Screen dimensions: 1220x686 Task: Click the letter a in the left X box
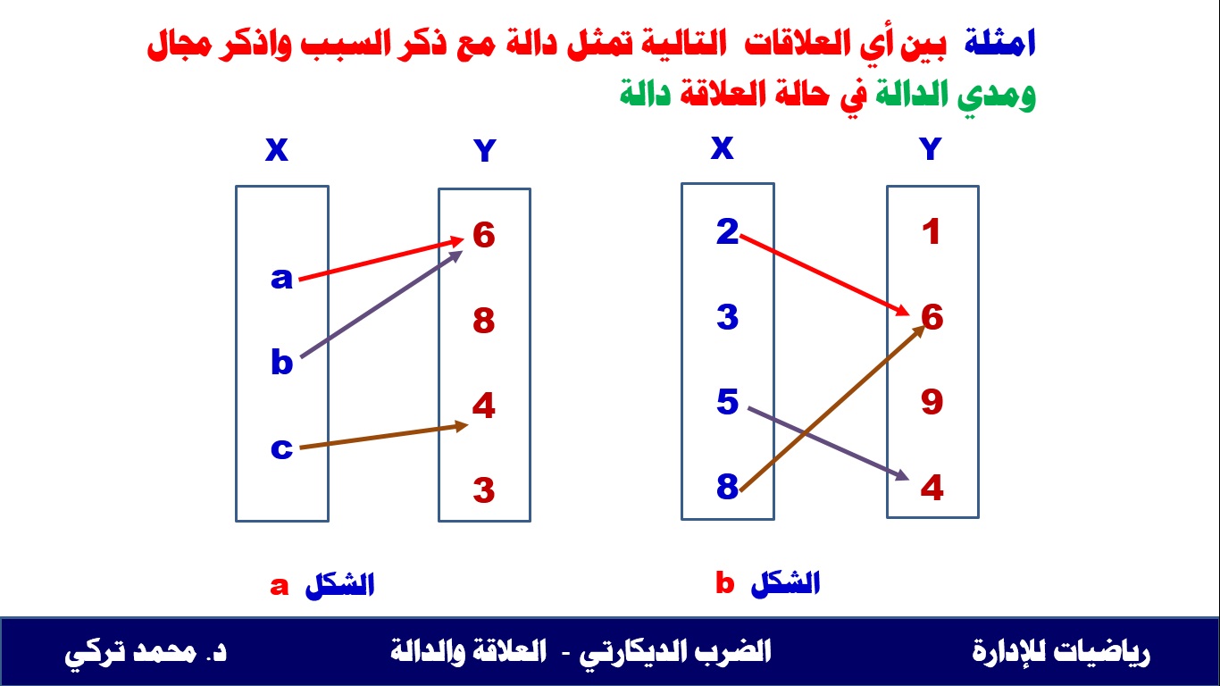[281, 278]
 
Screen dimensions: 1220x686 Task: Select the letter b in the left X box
[281, 361]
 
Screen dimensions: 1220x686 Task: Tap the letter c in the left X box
[281, 448]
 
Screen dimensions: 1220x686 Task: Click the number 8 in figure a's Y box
[484, 321]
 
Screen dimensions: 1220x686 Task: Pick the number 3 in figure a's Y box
[484, 489]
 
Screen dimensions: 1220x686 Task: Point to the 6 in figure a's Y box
[484, 236]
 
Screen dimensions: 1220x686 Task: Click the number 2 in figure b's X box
[727, 231]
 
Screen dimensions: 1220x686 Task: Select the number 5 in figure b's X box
[727, 402]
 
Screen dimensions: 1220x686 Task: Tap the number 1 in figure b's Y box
[932, 231]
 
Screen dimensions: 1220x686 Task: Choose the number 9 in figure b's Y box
[932, 402]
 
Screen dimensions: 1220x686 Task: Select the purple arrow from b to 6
[381, 304]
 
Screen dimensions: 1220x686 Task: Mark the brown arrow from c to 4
[383, 436]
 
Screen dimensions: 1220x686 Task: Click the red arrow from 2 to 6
[824, 275]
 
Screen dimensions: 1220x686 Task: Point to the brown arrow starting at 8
[832, 409]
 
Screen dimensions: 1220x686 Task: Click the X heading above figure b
[723, 147]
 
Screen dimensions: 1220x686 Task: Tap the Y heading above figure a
[485, 150]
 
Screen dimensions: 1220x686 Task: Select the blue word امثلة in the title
[999, 43]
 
